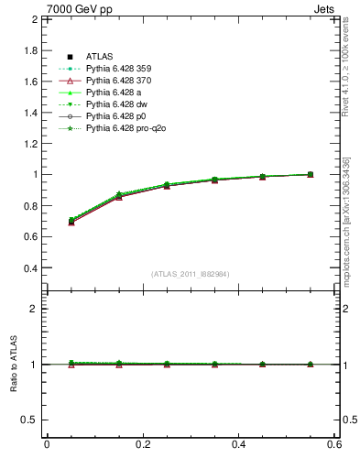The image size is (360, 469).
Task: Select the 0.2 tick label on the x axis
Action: [143, 444]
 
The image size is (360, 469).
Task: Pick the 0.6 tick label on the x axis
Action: [335, 444]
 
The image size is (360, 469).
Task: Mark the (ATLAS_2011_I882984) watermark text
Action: [191, 274]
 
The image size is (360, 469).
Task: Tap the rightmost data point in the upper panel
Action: [310, 174]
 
